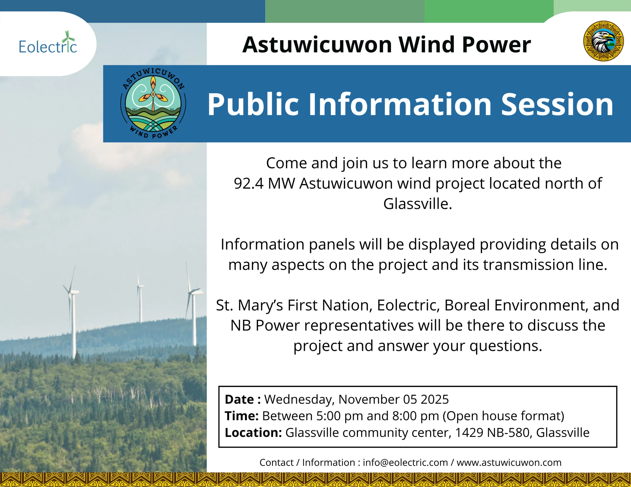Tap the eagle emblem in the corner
tap(603, 41)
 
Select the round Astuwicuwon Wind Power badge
tap(153, 103)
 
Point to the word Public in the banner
tap(253, 104)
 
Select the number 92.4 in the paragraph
tap(248, 184)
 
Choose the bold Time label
tap(242, 416)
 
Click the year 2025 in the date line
tap(435, 400)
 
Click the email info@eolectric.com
tap(405, 462)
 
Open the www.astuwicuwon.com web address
tap(509, 462)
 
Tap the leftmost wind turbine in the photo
tap(72, 312)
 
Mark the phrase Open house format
tap(504, 416)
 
